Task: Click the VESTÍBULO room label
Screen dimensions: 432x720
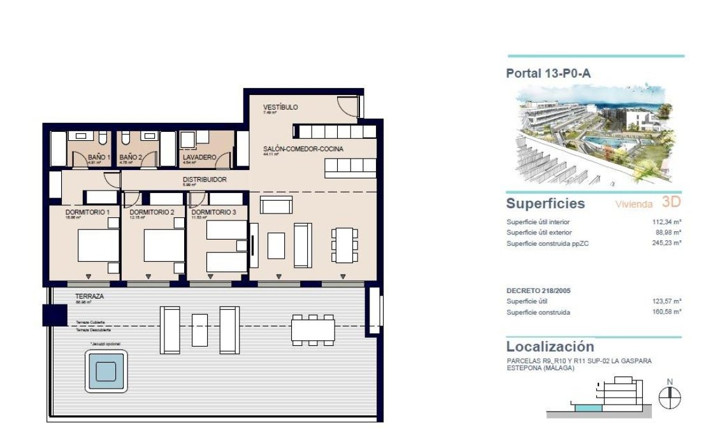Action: pyautogui.click(x=280, y=107)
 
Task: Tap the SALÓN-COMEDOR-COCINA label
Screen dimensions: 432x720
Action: pyautogui.click(x=303, y=149)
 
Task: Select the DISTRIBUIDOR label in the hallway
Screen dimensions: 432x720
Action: pyautogui.click(x=205, y=180)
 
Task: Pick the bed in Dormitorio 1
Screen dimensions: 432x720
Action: pyautogui.click(x=99, y=245)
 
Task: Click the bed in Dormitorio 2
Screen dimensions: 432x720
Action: pyautogui.click(x=164, y=245)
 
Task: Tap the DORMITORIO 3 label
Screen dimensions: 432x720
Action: pyautogui.click(x=213, y=212)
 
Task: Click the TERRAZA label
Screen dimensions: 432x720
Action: pyautogui.click(x=89, y=297)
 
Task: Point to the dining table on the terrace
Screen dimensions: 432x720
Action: pyautogui.click(x=313, y=329)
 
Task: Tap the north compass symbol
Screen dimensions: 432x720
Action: pyautogui.click(x=669, y=398)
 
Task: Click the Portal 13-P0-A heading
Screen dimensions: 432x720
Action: pyautogui.click(x=548, y=73)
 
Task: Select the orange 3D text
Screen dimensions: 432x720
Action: pyautogui.click(x=672, y=203)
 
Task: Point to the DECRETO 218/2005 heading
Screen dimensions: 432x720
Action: pyautogui.click(x=538, y=291)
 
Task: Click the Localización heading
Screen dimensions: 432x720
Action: pyautogui.click(x=550, y=347)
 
